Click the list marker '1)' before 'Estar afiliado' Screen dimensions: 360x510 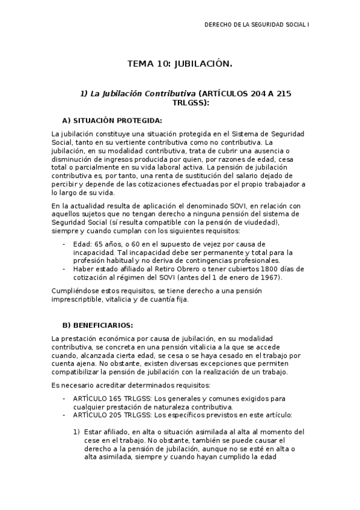(x=76, y=432)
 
